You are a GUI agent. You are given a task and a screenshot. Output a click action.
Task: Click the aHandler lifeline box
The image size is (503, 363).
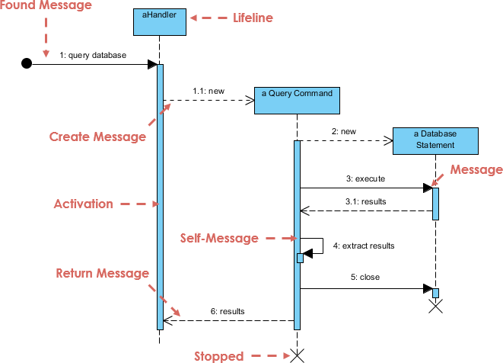(159, 22)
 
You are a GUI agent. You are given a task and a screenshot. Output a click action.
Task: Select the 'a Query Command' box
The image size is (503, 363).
(297, 100)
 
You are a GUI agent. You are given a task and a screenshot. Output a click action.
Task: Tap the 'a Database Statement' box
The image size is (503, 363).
(435, 140)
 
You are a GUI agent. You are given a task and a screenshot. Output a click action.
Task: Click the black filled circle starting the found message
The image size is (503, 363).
(27, 64)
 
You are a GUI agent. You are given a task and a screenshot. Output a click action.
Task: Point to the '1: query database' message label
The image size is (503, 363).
(94, 55)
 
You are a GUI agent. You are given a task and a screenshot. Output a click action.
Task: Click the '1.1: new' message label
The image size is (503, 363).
(208, 91)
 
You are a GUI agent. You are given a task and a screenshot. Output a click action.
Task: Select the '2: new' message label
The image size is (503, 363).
(343, 131)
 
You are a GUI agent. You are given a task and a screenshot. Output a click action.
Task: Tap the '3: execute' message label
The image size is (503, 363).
(365, 178)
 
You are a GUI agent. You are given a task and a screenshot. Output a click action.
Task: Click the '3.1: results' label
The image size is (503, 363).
(365, 201)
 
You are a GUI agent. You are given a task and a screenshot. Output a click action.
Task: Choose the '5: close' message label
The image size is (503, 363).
(365, 278)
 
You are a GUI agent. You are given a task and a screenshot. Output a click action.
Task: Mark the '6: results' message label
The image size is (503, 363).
(228, 312)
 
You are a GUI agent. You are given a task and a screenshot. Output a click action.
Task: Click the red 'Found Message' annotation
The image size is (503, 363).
(46, 6)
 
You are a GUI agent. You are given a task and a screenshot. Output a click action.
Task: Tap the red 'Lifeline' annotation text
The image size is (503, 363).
(253, 18)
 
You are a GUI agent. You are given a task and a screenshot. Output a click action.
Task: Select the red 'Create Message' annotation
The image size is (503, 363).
(97, 137)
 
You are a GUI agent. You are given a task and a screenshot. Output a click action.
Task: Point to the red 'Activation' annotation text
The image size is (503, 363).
(83, 204)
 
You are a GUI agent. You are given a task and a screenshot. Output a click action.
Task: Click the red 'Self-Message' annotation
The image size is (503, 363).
(219, 239)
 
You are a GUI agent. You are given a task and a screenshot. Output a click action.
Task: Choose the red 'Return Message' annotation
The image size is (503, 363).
(103, 273)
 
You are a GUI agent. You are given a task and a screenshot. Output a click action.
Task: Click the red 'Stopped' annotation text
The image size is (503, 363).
(218, 356)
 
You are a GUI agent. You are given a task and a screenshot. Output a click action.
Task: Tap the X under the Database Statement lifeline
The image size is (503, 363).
(435, 307)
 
